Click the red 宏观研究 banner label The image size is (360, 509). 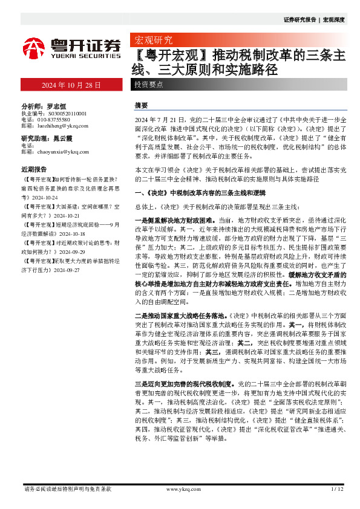153,41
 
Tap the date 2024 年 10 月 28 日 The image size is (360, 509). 71,85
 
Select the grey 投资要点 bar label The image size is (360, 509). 149,85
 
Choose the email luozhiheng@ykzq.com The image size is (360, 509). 63,126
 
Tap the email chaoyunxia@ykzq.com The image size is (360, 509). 64,152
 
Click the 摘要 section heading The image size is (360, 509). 140,105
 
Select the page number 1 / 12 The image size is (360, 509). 337,488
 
